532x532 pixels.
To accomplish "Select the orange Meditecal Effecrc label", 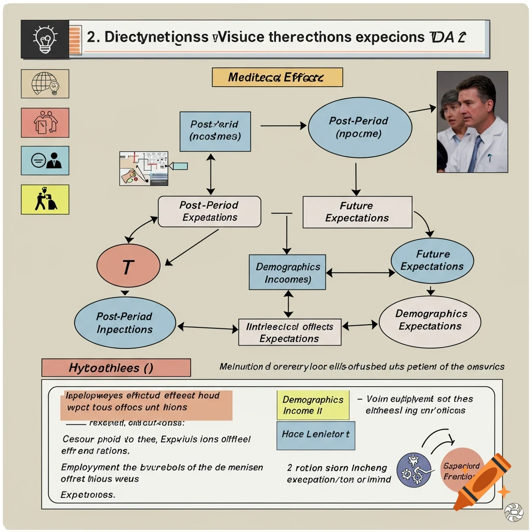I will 277,77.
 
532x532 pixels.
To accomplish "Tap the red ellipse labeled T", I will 128,266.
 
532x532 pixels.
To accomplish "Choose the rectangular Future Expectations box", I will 357,211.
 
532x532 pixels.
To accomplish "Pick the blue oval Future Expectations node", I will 432,260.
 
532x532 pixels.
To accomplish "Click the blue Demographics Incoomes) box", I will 287,272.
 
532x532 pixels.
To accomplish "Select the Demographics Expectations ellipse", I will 430,321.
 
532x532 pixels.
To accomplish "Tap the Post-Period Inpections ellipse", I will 124,323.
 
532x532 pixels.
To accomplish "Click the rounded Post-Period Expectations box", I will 209,211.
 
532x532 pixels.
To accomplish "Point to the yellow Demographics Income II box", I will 313,405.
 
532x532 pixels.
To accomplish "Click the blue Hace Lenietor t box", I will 315,434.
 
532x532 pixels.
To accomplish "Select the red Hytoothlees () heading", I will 115,368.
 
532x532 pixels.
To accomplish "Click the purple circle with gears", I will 414,470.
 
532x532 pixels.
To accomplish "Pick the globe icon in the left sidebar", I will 45,83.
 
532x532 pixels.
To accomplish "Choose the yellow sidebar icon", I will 45,199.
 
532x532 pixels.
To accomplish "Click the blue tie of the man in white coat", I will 474,154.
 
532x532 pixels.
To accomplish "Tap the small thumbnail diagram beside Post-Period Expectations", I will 144,168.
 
